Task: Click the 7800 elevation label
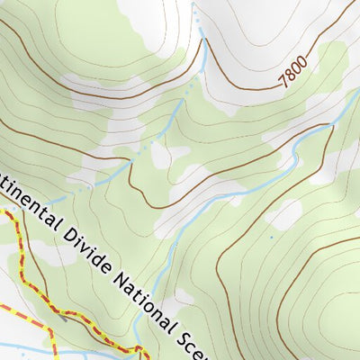click(x=294, y=71)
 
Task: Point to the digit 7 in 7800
click(x=284, y=81)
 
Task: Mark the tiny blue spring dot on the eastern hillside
click(x=271, y=238)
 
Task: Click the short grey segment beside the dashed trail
click(x=64, y=316)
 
